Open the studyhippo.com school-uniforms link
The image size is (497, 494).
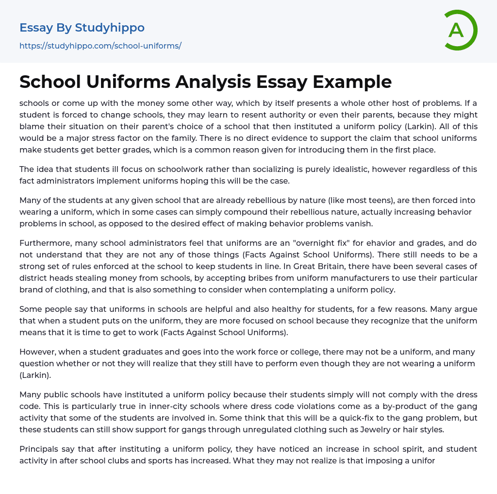[100, 46]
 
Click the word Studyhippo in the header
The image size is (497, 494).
[110, 28]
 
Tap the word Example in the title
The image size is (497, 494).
[352, 82]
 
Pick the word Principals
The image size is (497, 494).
[39, 449]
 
